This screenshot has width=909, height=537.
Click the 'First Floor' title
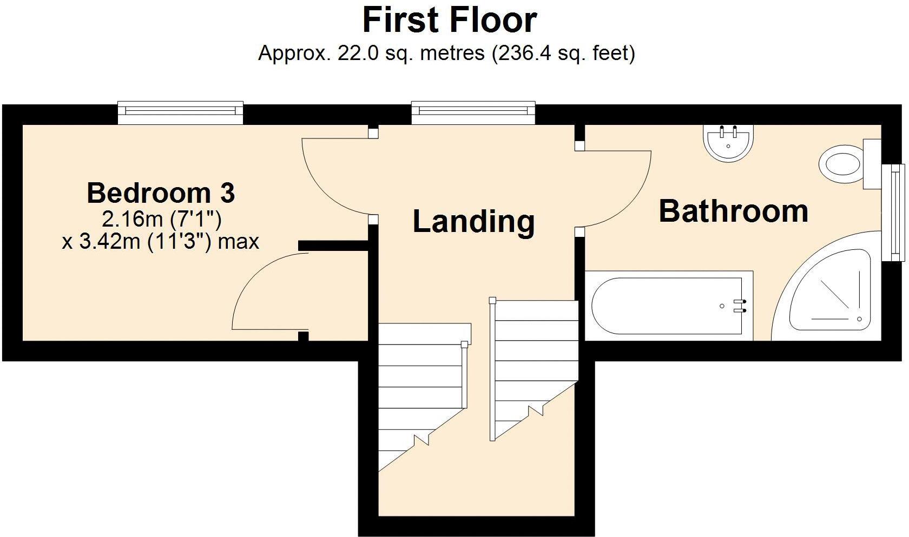pos(449,21)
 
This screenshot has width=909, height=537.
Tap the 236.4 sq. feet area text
pos(563,54)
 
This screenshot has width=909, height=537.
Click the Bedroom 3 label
pos(161,193)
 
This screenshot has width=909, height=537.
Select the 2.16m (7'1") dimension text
pos(161,219)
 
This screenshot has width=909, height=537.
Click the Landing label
pos(473,221)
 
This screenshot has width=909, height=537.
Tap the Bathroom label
pos(733,211)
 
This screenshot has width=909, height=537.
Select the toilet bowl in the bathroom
pos(840,163)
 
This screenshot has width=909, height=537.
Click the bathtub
pos(668,307)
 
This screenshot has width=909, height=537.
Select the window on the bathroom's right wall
pos(894,212)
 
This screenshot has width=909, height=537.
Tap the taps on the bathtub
pos(740,306)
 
